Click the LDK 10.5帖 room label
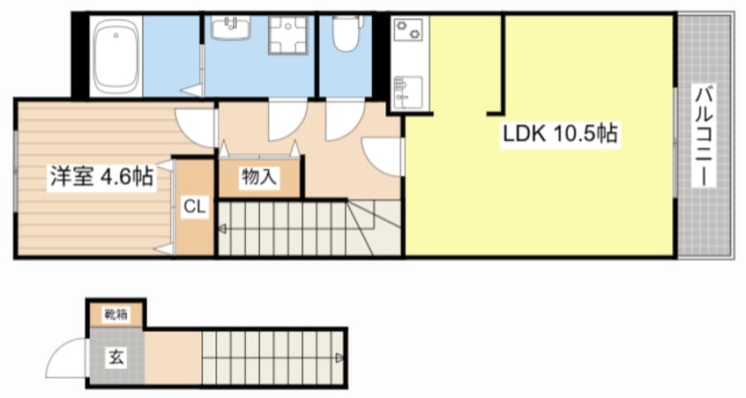click(561, 134)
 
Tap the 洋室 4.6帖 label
click(101, 177)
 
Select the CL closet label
click(195, 207)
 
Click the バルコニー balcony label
click(705, 136)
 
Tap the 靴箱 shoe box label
click(116, 314)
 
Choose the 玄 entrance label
click(116, 357)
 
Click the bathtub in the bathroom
click(116, 56)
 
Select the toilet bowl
click(346, 33)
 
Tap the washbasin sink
click(230, 27)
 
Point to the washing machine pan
click(287, 35)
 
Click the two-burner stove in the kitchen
click(408, 29)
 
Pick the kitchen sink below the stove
click(408, 91)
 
